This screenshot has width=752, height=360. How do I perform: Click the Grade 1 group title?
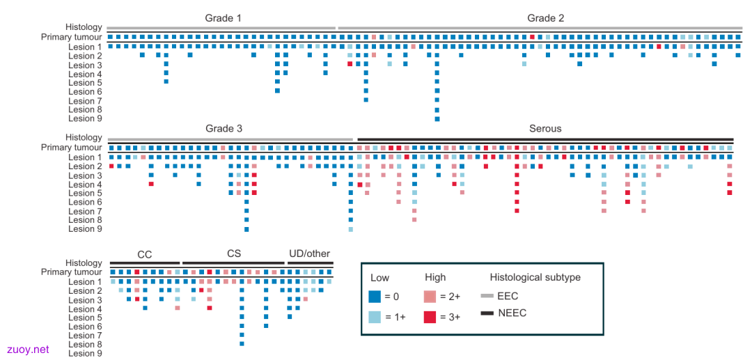(223, 19)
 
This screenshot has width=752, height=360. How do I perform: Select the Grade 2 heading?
(546, 19)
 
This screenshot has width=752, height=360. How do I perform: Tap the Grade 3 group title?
(224, 129)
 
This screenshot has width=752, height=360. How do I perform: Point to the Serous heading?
(545, 129)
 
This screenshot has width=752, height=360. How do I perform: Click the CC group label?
(145, 255)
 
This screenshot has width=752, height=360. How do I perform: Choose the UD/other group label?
(310, 253)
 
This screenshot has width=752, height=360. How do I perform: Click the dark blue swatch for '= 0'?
(375, 297)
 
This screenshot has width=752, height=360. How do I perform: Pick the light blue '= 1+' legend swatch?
(375, 318)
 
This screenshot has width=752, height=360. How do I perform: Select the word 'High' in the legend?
(435, 278)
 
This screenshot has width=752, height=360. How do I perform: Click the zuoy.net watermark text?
(29, 350)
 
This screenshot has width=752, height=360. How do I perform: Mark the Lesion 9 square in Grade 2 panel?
(437, 118)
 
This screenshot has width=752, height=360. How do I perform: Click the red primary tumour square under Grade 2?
(533, 37)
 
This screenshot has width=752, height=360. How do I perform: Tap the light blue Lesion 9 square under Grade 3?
(350, 229)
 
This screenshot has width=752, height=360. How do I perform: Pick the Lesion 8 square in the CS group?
(242, 344)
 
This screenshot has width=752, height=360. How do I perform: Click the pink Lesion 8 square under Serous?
(414, 219)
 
